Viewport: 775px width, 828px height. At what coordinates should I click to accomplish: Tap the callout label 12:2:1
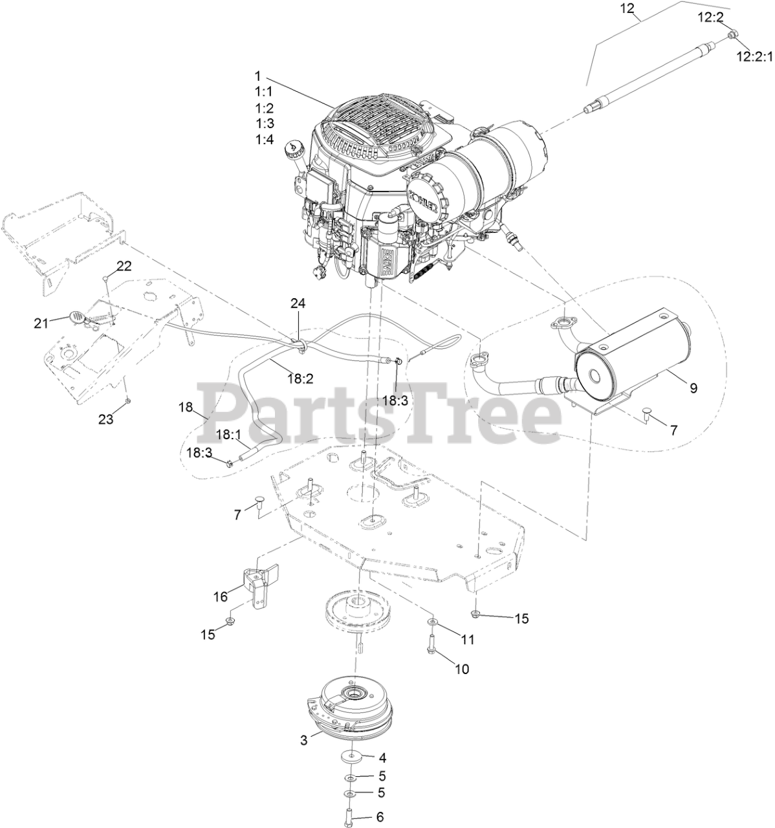click(x=753, y=57)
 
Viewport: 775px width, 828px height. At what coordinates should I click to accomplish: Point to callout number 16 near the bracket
click(x=221, y=595)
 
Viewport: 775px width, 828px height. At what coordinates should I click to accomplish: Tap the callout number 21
click(x=41, y=323)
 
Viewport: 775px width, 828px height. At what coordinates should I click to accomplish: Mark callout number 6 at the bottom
click(x=379, y=816)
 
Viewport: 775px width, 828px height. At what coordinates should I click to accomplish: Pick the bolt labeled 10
click(x=431, y=644)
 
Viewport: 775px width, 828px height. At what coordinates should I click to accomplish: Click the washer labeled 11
click(x=431, y=622)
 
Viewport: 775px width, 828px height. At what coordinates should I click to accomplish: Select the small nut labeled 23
click(x=128, y=401)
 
